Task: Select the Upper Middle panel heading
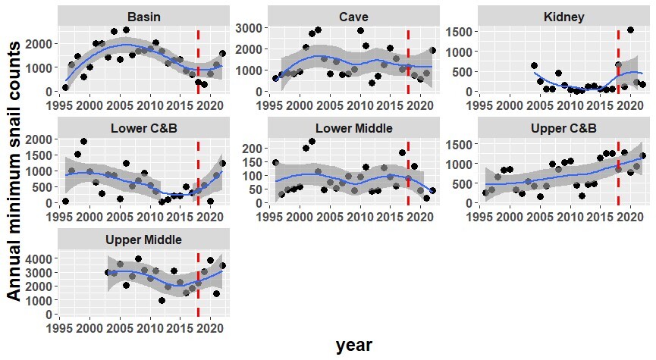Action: click(143, 239)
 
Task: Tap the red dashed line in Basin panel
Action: click(198, 61)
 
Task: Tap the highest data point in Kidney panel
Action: click(630, 30)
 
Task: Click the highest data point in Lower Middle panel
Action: click(312, 140)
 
